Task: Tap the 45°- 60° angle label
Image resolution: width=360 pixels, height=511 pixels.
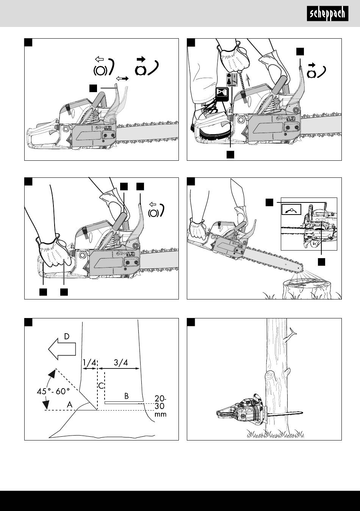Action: click(x=53, y=391)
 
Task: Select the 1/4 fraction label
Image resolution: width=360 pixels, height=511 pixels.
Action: click(x=89, y=362)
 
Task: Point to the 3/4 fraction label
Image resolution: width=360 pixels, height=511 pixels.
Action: click(x=121, y=362)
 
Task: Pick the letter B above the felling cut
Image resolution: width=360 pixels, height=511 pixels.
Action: click(x=127, y=396)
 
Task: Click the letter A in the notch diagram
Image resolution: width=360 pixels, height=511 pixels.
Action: click(x=70, y=404)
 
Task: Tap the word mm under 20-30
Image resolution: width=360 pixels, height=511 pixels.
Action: click(x=161, y=414)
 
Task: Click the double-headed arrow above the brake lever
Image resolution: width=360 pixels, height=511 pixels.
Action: click(x=122, y=78)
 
